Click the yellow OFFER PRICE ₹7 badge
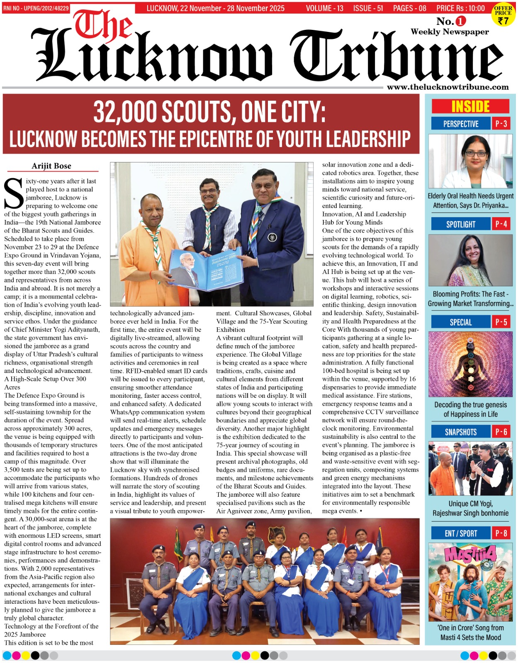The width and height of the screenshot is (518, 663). coord(503,15)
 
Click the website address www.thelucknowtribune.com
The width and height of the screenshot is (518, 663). coord(447,87)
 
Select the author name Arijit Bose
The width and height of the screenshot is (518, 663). coord(51,166)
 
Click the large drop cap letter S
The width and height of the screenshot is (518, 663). coord(14,194)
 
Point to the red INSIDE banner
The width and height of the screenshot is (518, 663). coord(470,106)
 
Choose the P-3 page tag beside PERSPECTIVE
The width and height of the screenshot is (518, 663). coord(501,123)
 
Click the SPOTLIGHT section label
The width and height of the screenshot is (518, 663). coord(460,224)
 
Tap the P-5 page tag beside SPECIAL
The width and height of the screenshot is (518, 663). coord(501,322)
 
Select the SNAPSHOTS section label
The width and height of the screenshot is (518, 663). coord(460,432)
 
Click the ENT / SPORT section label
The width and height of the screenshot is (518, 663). coord(460,533)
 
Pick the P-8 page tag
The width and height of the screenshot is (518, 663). coord(501,533)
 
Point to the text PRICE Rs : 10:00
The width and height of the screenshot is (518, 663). coord(460,8)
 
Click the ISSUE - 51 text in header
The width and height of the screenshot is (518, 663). coord(368,8)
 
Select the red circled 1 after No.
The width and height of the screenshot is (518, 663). coord(461,21)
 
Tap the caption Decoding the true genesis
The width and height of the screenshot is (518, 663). coord(470,405)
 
